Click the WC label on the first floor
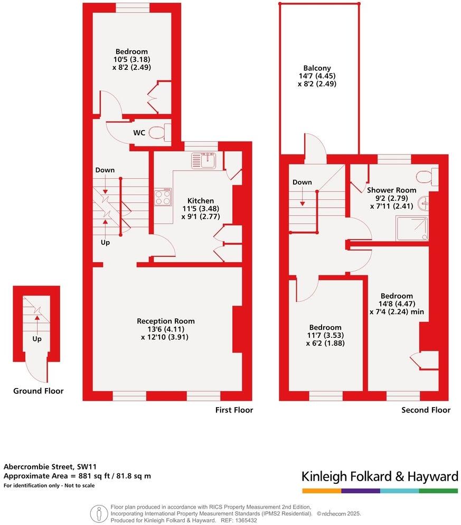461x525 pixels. (x=139, y=133)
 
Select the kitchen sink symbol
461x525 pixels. (x=204, y=159)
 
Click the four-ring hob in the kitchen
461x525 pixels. (x=163, y=198)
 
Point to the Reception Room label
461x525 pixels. (x=165, y=321)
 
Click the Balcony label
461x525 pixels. (x=317, y=68)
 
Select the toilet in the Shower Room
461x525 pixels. (x=427, y=176)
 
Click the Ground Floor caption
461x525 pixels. (x=39, y=391)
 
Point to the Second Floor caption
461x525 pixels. (x=426, y=410)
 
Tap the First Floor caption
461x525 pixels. (x=234, y=410)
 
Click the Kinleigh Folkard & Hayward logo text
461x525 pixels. (x=380, y=477)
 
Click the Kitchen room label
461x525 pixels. (x=201, y=201)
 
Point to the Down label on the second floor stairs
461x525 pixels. (x=302, y=182)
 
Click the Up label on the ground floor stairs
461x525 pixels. (x=37, y=339)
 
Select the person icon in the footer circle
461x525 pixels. (x=99, y=512)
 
